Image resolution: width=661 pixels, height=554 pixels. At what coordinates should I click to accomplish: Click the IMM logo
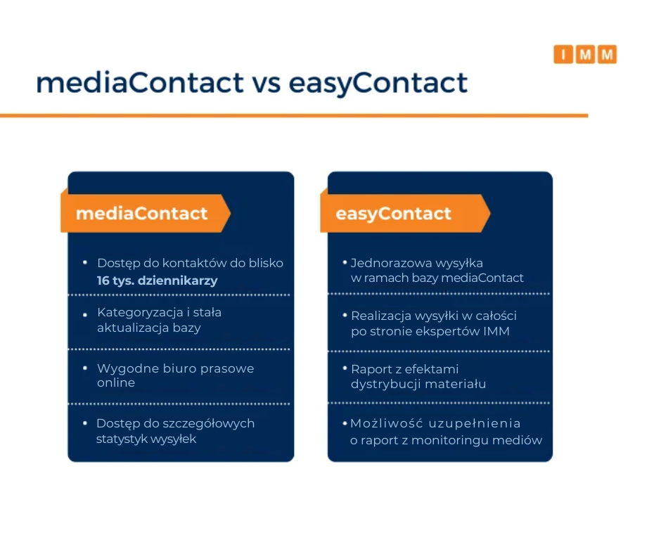point(585,54)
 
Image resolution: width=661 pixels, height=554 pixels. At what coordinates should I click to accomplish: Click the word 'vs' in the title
point(267,83)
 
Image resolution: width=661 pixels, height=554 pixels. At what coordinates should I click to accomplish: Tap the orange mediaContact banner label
point(146,213)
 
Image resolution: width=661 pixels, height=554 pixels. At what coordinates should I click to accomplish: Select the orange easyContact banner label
point(405,213)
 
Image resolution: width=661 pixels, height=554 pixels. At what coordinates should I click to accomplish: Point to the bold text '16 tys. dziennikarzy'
point(158,281)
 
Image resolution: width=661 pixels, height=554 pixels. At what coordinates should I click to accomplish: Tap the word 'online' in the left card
point(116,383)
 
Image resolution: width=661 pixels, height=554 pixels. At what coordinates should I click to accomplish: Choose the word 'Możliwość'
point(387,423)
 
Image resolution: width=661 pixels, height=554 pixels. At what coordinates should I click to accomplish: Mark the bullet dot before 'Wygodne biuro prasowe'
point(85,368)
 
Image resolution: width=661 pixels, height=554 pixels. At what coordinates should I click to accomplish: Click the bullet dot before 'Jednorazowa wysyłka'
point(345,263)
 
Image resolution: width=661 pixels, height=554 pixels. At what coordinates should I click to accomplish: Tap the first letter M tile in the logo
point(585,54)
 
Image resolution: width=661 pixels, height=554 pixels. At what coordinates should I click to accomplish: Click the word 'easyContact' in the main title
point(378,83)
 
